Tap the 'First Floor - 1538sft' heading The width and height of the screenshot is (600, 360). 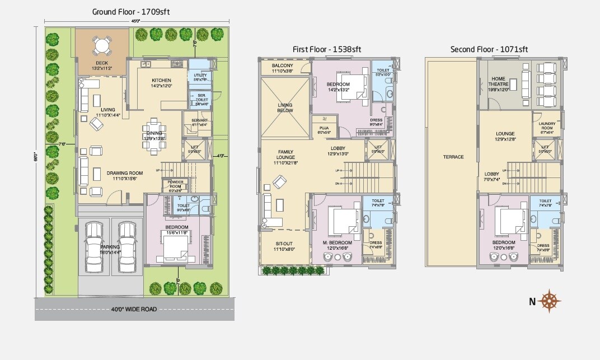click(x=327, y=49)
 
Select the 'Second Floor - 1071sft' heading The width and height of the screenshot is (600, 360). click(x=489, y=49)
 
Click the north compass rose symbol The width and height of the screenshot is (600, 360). click(x=552, y=301)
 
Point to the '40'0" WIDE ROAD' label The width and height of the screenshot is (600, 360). click(x=134, y=309)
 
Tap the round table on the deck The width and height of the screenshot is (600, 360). click(x=102, y=45)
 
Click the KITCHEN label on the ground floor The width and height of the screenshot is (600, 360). click(x=161, y=80)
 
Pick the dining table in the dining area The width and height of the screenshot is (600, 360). click(x=154, y=135)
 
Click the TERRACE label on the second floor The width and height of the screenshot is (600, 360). click(x=453, y=157)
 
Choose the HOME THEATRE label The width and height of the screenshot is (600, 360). click(x=498, y=82)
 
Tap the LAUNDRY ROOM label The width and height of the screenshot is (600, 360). click(x=546, y=128)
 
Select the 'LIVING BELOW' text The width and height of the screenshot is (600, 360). click(x=285, y=107)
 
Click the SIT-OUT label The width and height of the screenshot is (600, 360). click(x=284, y=244)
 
